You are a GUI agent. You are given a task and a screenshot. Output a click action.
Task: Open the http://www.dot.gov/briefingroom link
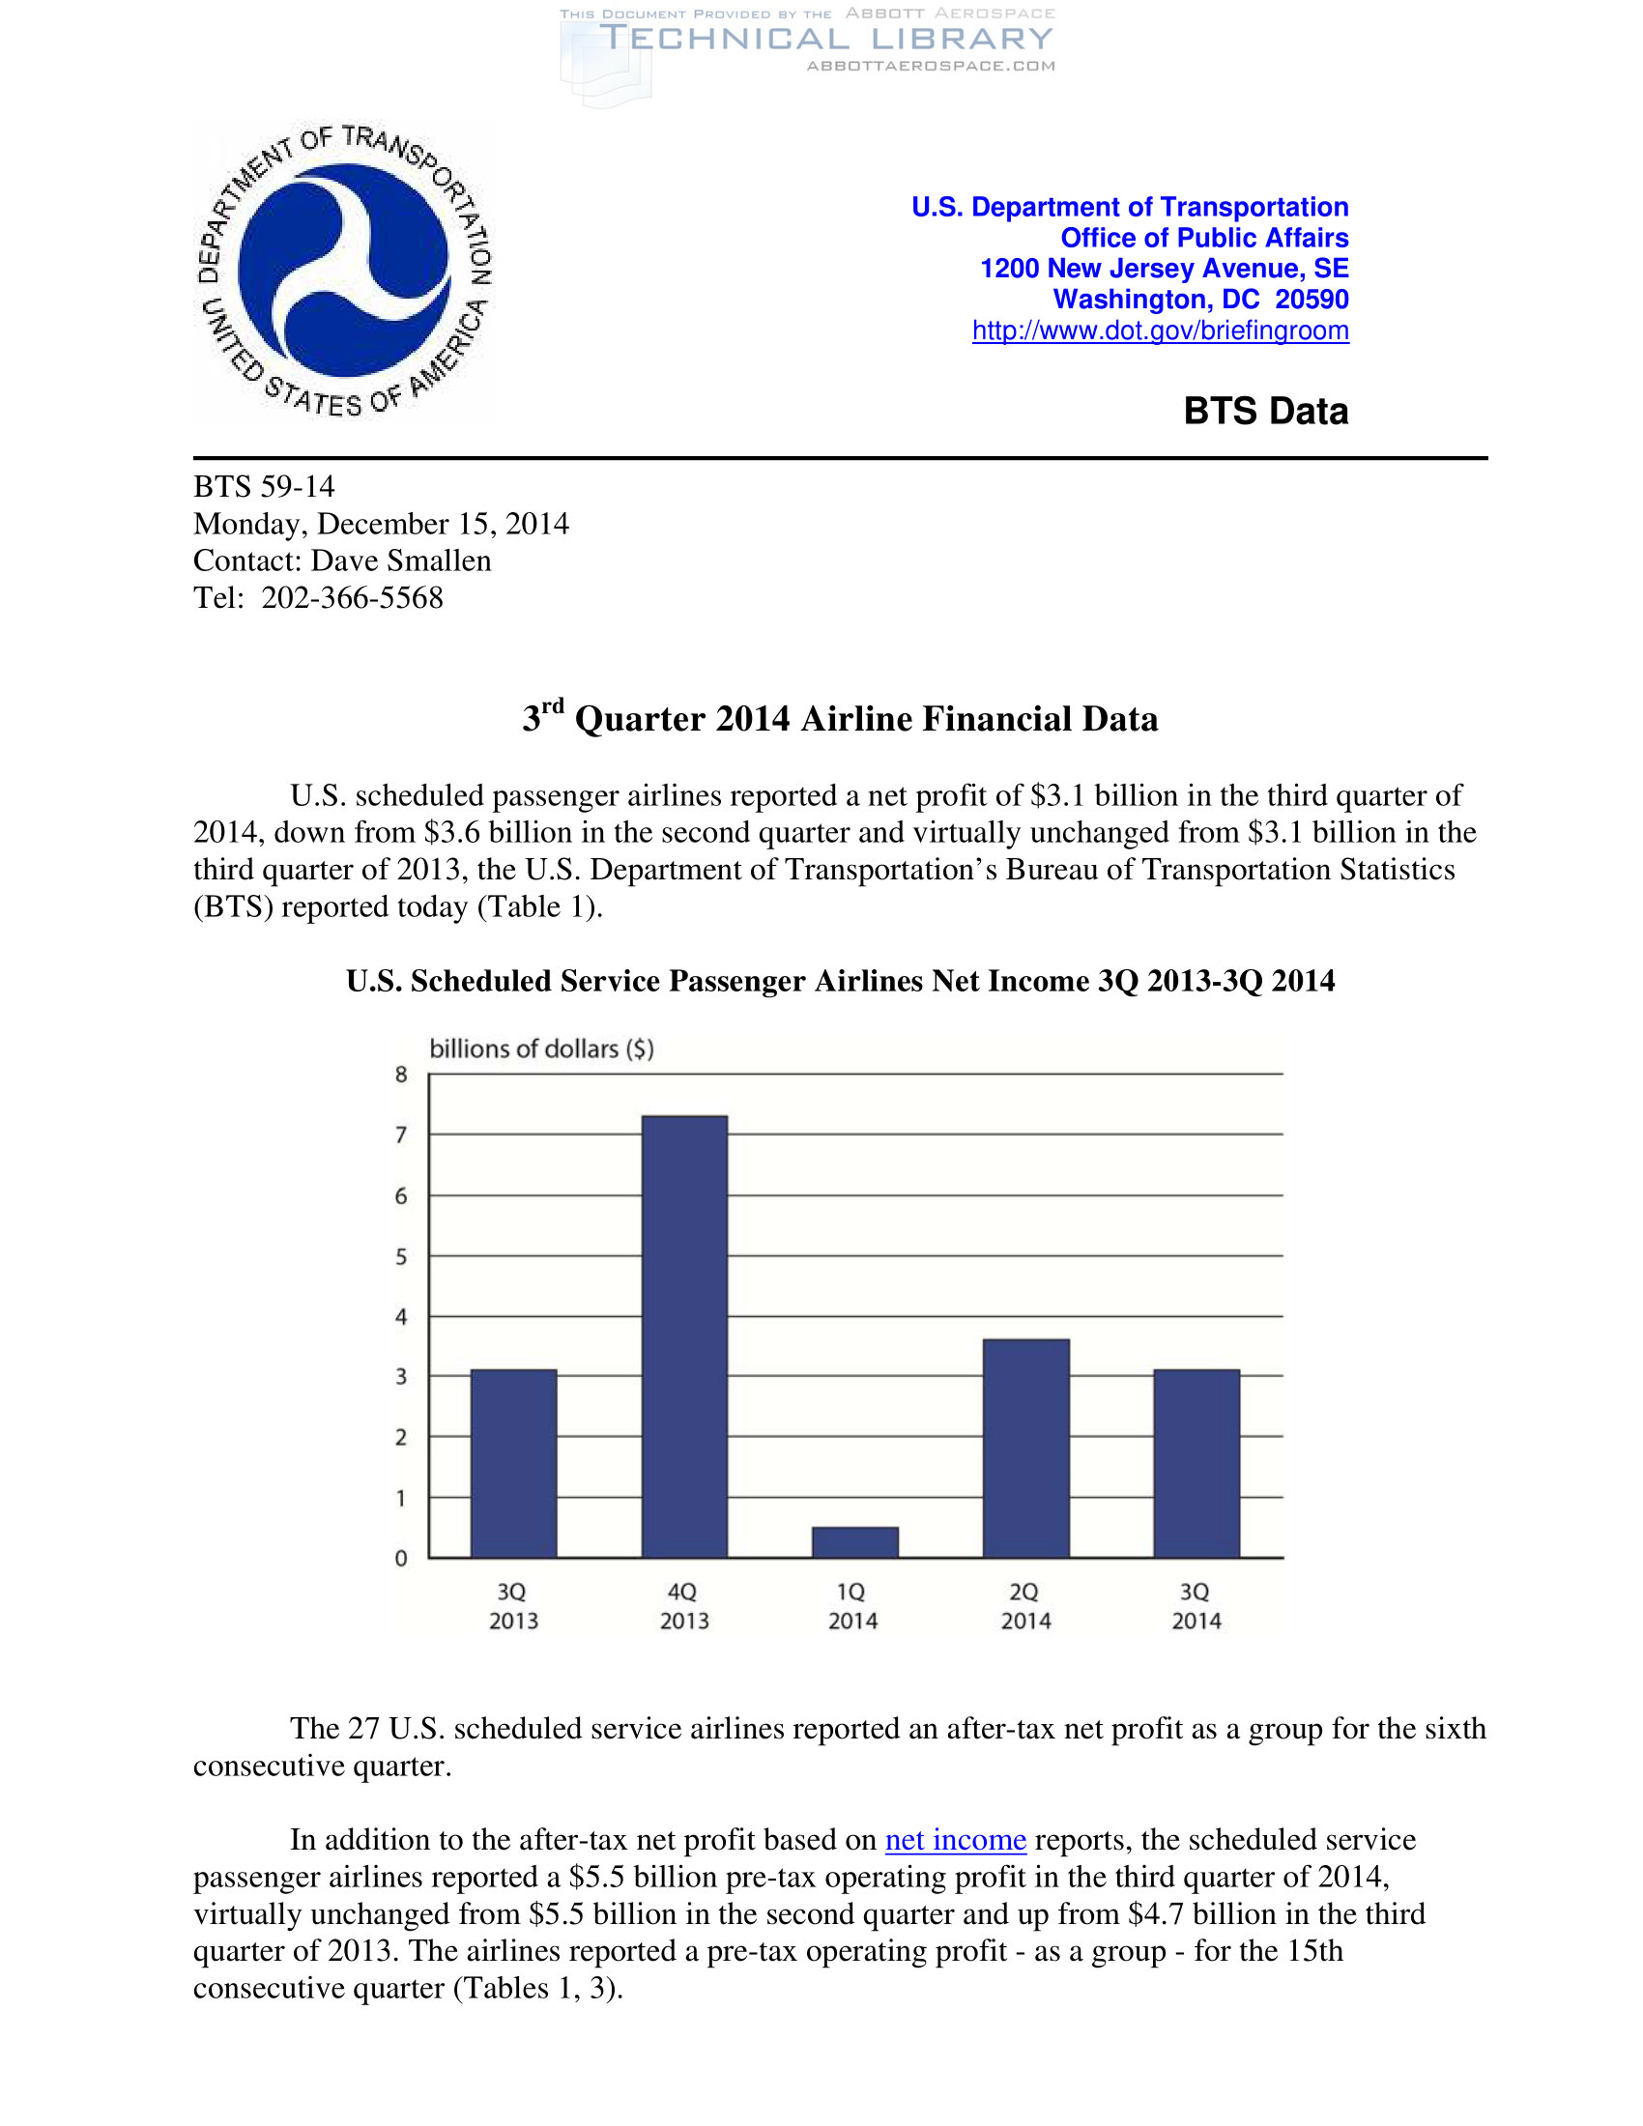1160,330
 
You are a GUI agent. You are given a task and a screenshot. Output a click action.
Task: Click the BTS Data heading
1265,411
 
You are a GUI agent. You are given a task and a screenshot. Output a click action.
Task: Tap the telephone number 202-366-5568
353,597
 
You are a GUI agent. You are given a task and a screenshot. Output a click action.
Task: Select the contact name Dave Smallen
401,560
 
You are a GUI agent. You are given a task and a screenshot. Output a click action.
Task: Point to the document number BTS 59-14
264,487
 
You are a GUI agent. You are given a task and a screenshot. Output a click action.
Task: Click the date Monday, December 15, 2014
381,524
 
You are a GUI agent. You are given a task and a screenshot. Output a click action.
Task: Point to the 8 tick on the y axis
401,1075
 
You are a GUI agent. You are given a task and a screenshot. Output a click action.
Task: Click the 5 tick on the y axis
401,1256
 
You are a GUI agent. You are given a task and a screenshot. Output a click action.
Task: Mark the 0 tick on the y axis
401,1559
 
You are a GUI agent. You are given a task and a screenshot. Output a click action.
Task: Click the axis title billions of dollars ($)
541,1049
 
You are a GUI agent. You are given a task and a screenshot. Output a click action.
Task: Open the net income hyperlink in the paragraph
955,1840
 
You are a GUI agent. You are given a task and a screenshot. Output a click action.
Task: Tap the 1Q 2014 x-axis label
852,1606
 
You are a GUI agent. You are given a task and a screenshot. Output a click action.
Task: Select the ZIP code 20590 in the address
1312,300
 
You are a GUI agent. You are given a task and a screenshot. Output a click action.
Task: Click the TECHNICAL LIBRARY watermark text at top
826,39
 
